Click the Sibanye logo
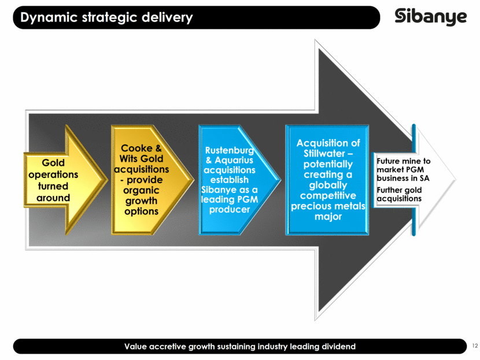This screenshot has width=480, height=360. pos(430,17)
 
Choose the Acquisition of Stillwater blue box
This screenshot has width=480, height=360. pos(327,180)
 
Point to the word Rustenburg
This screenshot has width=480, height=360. pos(230,152)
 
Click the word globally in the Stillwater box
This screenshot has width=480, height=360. pos(327,185)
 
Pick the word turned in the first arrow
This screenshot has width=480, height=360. pos(53,186)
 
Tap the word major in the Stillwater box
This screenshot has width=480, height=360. pos(327,217)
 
